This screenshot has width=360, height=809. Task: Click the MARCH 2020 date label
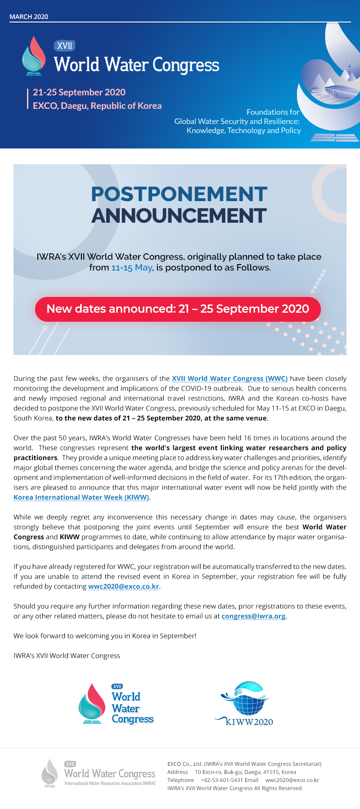click(x=29, y=17)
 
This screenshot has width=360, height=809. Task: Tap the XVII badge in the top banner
click(x=64, y=46)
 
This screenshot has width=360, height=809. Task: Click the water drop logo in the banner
click(x=34, y=56)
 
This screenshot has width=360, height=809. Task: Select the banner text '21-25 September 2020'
click(x=79, y=92)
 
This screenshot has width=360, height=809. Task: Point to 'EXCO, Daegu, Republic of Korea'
click(x=97, y=106)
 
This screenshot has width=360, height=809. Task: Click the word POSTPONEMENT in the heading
click(x=179, y=194)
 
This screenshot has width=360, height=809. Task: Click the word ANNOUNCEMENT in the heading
click(x=179, y=216)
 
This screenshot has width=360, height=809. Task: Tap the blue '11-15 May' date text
click(x=132, y=268)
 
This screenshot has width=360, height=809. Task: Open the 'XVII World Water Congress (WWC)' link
click(x=229, y=378)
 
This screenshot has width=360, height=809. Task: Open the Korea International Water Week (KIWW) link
click(x=81, y=497)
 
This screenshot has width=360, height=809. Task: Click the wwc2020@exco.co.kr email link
click(x=124, y=586)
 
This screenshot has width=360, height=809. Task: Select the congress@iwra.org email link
click(x=253, y=616)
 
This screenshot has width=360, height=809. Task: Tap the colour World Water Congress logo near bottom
click(x=116, y=704)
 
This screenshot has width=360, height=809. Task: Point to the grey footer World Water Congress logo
click(x=99, y=773)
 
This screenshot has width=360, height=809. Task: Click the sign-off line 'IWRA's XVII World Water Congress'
click(x=67, y=656)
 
